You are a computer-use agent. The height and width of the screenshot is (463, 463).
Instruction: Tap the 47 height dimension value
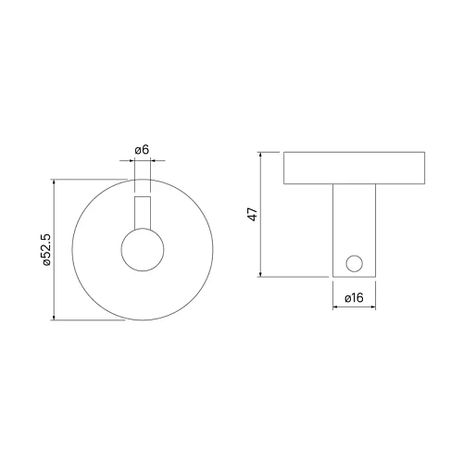[x=252, y=215]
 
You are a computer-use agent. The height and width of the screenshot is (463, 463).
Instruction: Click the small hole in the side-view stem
[x=353, y=263]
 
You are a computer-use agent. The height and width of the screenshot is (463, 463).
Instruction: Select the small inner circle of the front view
[x=144, y=250]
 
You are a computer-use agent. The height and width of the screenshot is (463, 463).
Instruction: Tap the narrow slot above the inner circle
[x=144, y=211]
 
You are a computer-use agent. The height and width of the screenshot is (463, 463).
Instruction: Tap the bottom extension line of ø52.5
[x=88, y=321]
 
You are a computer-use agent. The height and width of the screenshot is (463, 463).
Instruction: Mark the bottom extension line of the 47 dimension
[x=296, y=276]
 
